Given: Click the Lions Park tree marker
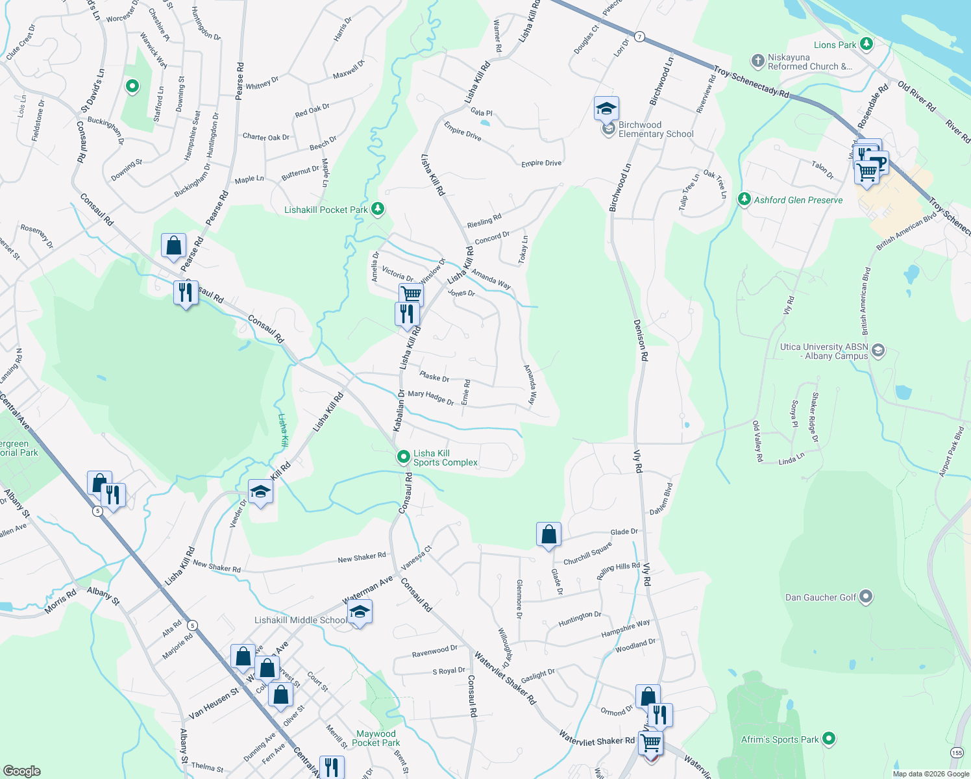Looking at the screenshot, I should (x=866, y=44).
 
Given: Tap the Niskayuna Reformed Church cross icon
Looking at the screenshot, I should (x=757, y=61).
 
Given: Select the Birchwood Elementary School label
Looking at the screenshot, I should (x=656, y=130).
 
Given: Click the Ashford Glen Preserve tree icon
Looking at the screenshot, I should (x=744, y=199).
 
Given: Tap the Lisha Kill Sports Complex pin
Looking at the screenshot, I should (x=403, y=458).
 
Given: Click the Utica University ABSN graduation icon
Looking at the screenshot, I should (x=878, y=351).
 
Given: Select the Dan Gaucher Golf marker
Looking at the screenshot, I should (x=866, y=597).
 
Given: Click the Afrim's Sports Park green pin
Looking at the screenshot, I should (x=828, y=739).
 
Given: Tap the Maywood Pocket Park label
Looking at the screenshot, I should (x=376, y=738).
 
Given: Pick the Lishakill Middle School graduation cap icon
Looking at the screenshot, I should (x=360, y=612).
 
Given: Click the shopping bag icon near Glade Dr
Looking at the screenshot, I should (x=548, y=535).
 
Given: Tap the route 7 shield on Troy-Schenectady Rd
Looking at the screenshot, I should (x=640, y=36).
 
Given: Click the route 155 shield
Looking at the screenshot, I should (x=957, y=752).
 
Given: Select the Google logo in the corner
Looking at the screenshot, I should (x=21, y=771).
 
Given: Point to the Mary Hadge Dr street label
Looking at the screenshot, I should (x=430, y=397).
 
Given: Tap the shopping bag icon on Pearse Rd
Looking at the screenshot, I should (x=173, y=246).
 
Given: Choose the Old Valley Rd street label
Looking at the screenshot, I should (x=757, y=441).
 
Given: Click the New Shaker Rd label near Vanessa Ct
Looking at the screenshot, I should (x=362, y=558).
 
